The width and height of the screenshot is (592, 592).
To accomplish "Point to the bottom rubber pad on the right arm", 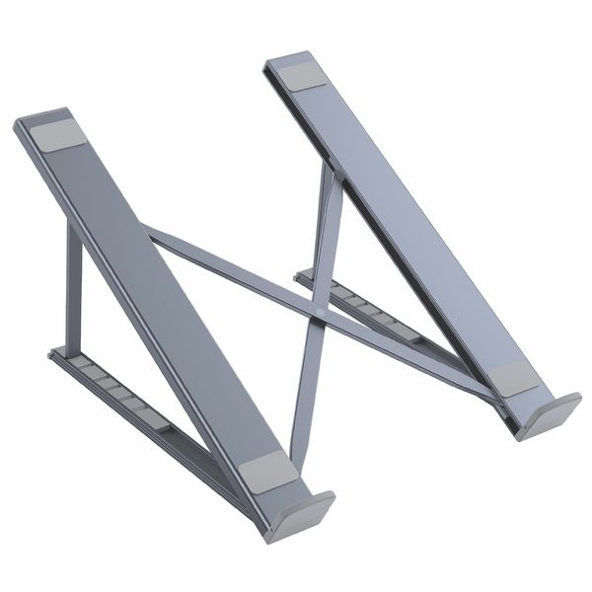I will (x=510, y=378).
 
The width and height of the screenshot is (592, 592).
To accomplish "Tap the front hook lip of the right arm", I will (x=548, y=415).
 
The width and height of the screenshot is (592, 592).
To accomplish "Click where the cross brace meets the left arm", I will (x=153, y=234).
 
